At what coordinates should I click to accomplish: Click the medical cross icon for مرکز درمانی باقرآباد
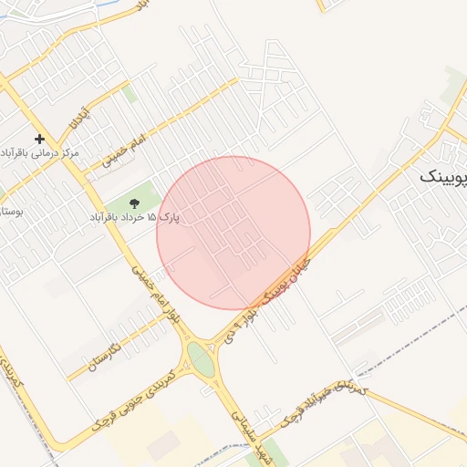point(39,140)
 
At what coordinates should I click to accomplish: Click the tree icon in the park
point(136,202)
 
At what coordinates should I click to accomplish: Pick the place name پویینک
point(443,177)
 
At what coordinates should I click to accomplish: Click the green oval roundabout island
point(202,359)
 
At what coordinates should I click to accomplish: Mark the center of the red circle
point(233,233)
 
